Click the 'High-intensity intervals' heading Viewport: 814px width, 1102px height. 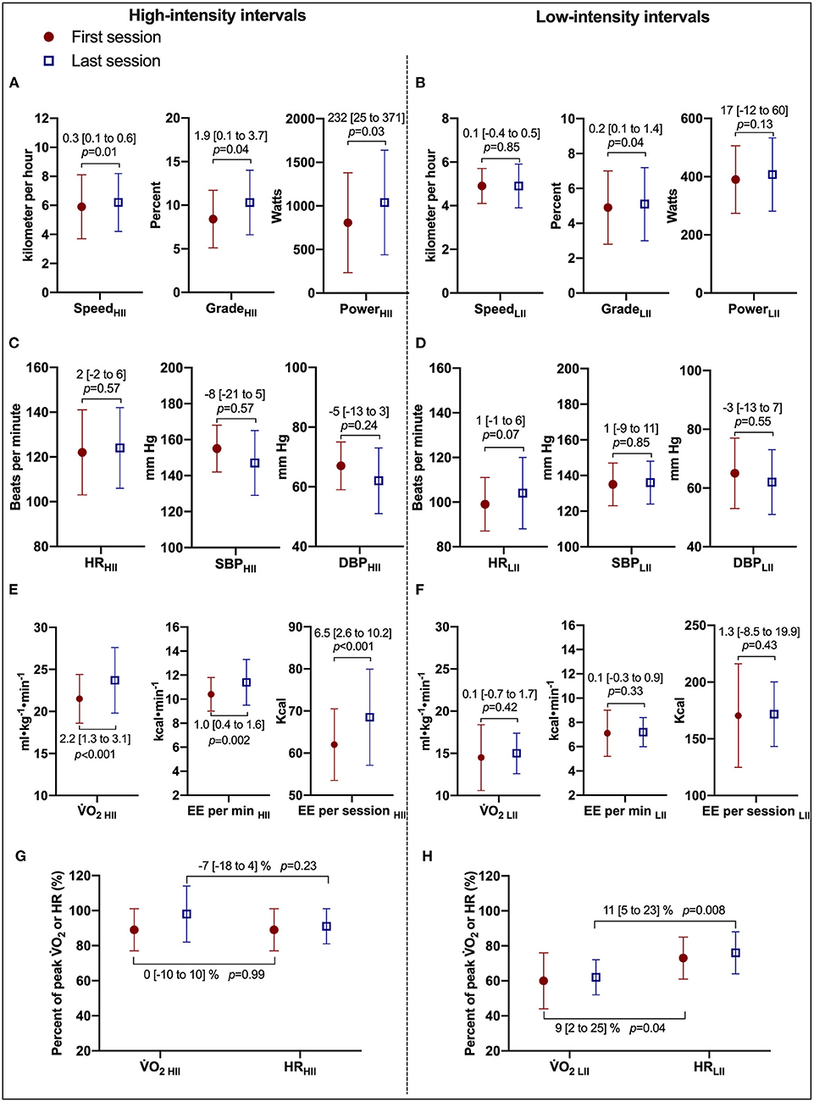(x=217, y=15)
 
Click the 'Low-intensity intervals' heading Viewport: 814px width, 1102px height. (x=623, y=17)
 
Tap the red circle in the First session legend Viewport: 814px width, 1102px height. (x=49, y=37)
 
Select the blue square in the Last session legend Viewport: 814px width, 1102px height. (x=49, y=61)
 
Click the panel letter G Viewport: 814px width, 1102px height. (x=21, y=856)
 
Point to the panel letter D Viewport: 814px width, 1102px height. (x=421, y=343)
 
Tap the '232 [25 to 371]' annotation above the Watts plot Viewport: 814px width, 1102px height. (x=367, y=118)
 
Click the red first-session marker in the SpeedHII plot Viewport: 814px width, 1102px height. (x=81, y=207)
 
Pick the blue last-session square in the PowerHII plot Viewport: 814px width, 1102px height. (x=385, y=203)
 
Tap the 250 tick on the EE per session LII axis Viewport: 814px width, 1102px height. (x=695, y=626)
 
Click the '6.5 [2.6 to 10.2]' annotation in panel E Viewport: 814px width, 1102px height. (x=353, y=633)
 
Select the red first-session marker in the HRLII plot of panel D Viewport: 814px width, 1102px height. (x=485, y=504)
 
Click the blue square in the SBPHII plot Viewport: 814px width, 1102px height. (x=255, y=464)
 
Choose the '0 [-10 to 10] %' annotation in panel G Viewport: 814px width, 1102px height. (x=181, y=975)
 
